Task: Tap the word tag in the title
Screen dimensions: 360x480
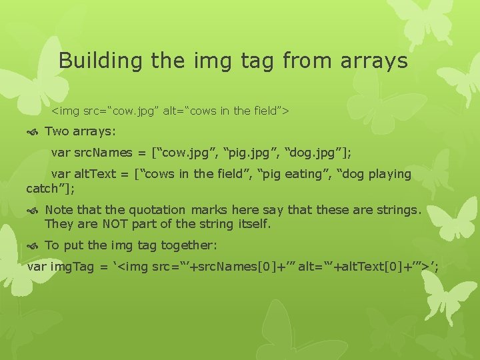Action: [x=256, y=61]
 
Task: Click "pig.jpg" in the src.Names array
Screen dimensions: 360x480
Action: [x=246, y=153]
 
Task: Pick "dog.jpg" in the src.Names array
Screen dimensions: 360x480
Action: [x=317, y=153]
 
